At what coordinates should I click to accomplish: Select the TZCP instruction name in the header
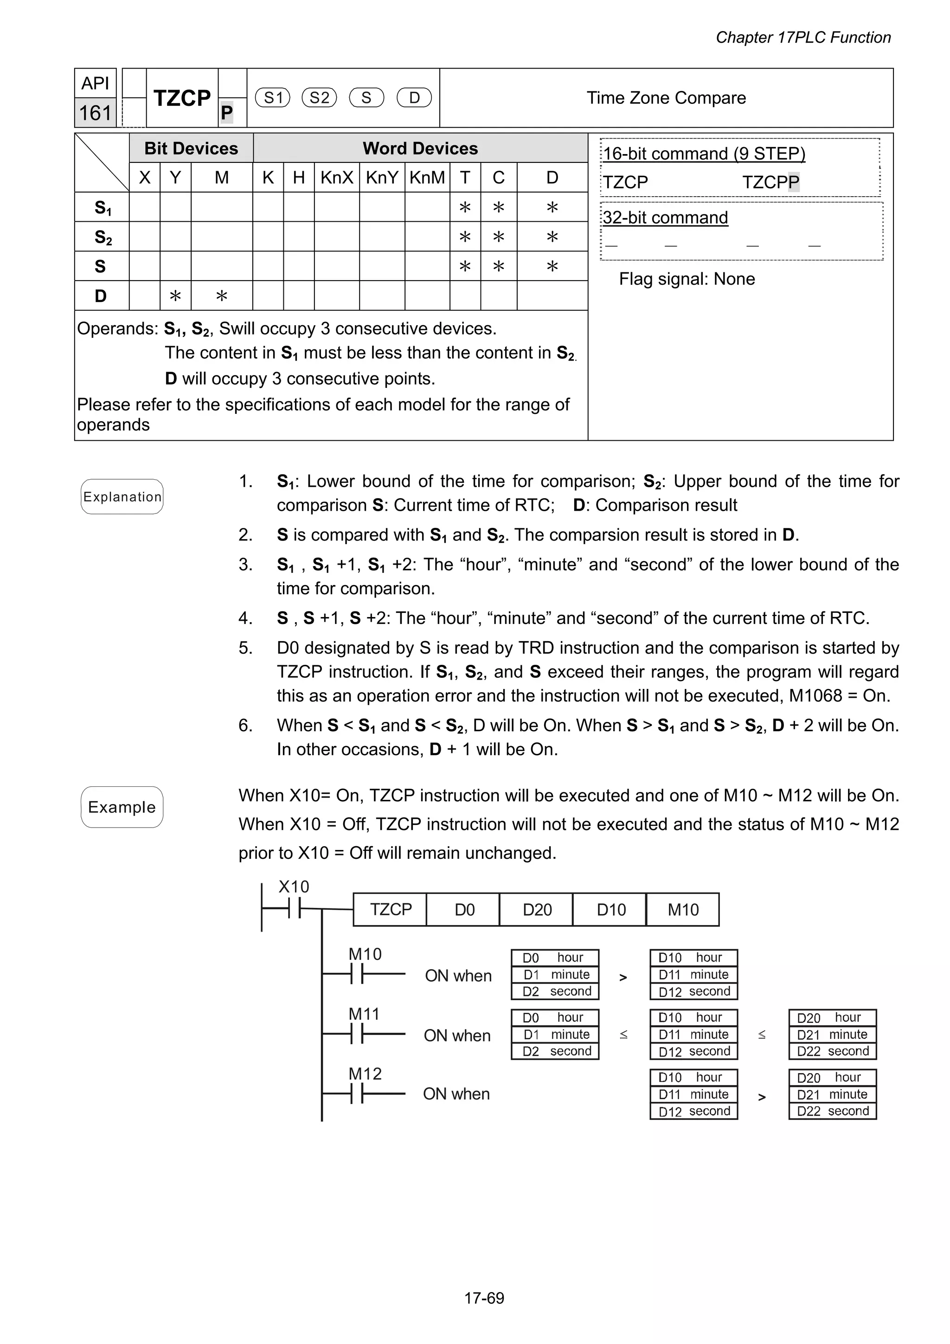tap(181, 98)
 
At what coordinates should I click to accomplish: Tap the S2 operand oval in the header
tap(319, 98)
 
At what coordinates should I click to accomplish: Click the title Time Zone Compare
tap(666, 98)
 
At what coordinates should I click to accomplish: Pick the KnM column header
tap(427, 177)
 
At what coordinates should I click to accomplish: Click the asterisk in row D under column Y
tap(175, 296)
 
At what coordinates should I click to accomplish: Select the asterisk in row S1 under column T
tap(465, 207)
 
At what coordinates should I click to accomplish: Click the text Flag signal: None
tap(687, 279)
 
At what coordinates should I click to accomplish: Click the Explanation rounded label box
tap(122, 497)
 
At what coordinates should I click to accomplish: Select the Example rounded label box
tap(122, 807)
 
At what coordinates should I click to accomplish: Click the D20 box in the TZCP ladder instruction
tap(537, 910)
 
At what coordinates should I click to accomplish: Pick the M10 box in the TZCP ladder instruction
tap(682, 910)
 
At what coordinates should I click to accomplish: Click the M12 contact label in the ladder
tap(365, 1074)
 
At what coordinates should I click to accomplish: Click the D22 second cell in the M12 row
tap(832, 1111)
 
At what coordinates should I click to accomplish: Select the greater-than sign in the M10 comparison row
tap(623, 977)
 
